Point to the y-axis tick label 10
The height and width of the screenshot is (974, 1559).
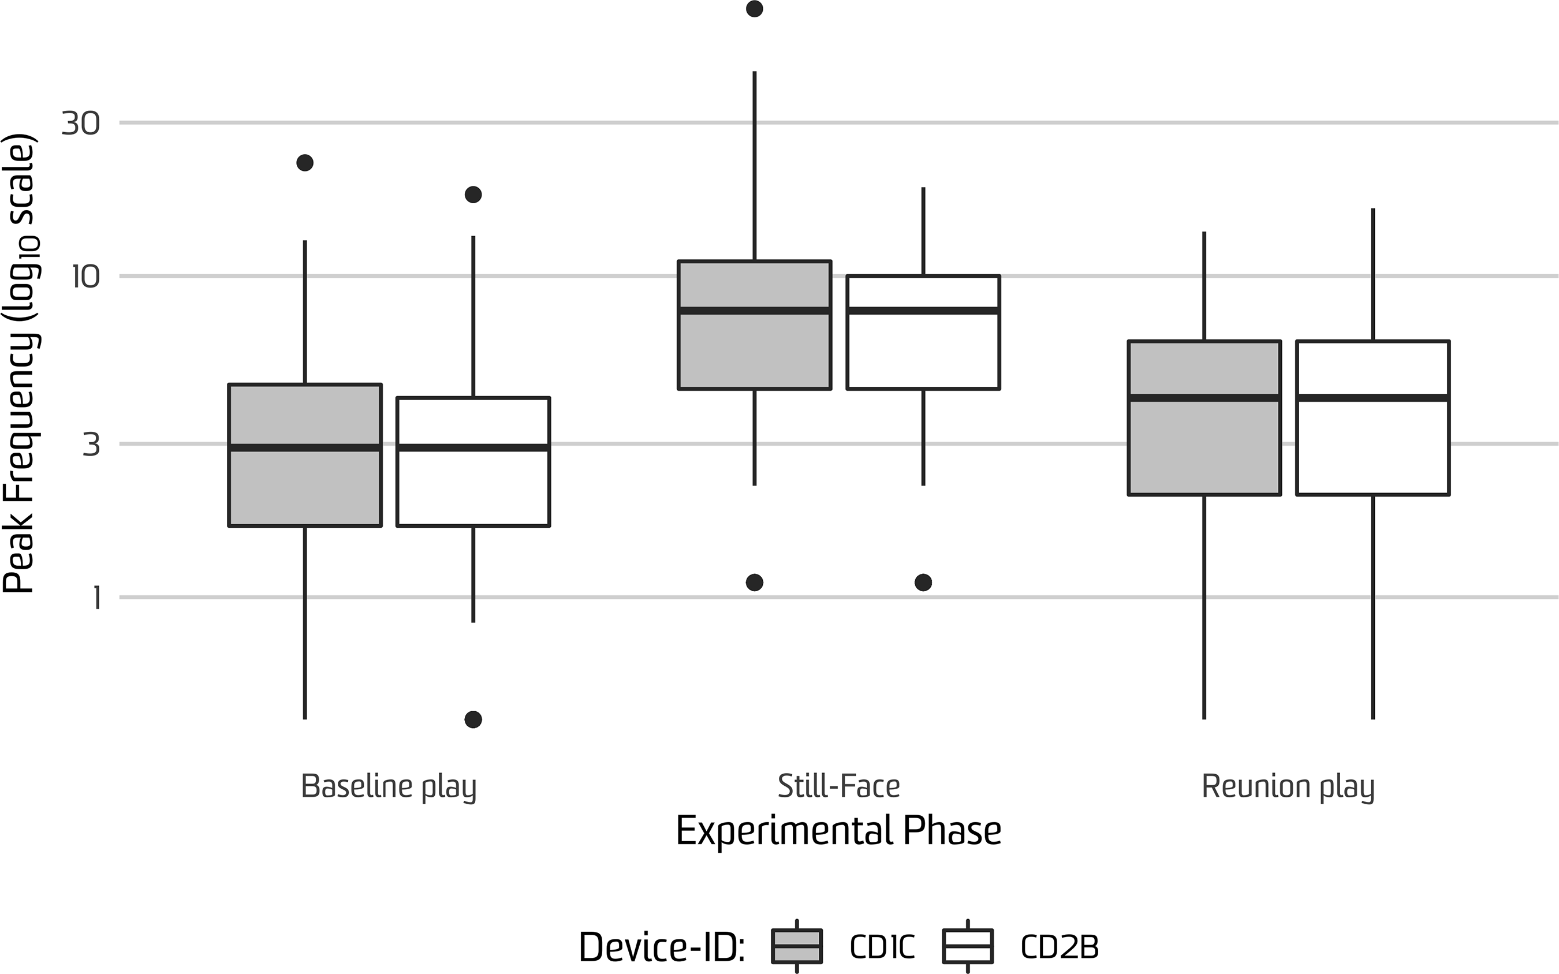click(x=85, y=277)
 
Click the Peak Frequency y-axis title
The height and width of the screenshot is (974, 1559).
click(x=19, y=364)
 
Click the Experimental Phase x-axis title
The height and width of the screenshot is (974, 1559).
click(x=838, y=831)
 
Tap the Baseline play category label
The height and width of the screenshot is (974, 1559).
click(x=389, y=786)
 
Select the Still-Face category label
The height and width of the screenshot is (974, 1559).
click(x=838, y=786)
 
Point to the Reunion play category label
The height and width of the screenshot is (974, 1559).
click(x=1288, y=786)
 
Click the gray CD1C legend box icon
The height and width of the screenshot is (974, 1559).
click(x=797, y=946)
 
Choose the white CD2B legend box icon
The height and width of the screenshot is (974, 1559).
click(x=968, y=946)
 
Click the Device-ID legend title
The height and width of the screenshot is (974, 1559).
click(x=662, y=947)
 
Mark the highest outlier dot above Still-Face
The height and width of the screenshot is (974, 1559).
click(x=754, y=9)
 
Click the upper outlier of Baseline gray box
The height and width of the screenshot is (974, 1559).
click(x=305, y=162)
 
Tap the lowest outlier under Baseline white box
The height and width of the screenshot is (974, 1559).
click(x=473, y=719)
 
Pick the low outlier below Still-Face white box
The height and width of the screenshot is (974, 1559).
click(x=923, y=583)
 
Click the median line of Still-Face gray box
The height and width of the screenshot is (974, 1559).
click(x=754, y=311)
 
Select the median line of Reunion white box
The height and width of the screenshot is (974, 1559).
click(x=1373, y=397)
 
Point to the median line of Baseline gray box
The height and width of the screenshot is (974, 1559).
click(x=305, y=447)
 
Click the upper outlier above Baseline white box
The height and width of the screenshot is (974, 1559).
click(x=473, y=195)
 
